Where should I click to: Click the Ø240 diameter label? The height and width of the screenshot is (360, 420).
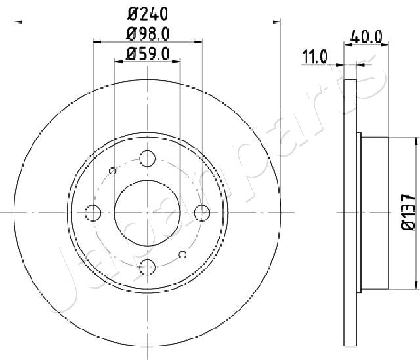(x=148, y=13)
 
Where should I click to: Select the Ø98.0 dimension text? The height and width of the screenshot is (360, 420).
(x=148, y=34)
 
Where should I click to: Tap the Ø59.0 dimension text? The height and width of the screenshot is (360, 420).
(x=148, y=54)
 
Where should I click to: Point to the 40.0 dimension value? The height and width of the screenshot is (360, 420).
(x=366, y=37)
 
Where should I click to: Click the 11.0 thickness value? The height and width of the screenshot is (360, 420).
(x=315, y=56)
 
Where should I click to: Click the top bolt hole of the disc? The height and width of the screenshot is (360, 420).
(x=148, y=159)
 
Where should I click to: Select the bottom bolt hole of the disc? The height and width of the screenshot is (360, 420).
(x=148, y=267)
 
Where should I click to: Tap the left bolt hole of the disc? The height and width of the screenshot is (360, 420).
(x=93, y=213)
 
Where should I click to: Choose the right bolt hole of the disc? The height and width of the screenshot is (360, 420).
(x=202, y=213)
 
